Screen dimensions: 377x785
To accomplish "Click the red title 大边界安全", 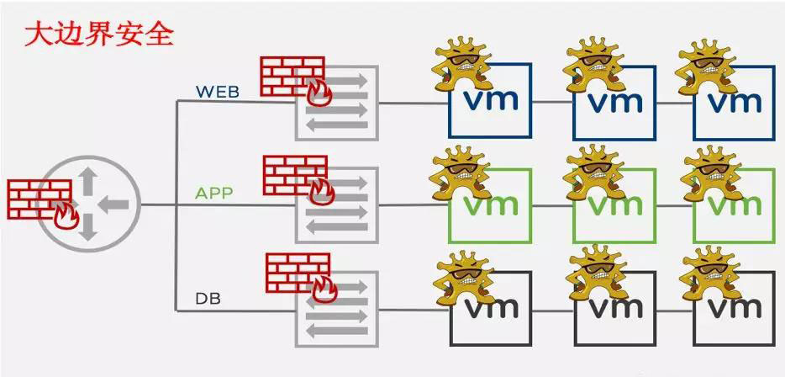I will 99,35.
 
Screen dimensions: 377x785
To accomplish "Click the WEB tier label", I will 218,91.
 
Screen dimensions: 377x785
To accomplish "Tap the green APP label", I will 214,194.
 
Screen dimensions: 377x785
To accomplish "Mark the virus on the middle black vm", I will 598,273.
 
